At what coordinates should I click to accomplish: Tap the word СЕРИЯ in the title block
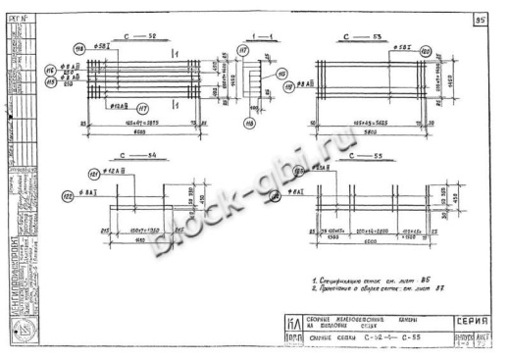coord(473,320)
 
